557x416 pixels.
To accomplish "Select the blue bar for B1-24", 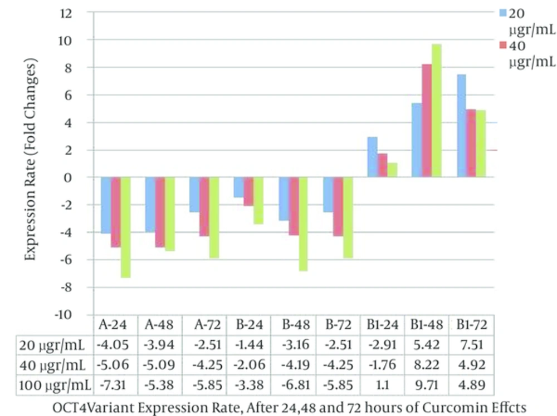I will click(373, 157).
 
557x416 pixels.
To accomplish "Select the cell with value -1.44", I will click(249, 345).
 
